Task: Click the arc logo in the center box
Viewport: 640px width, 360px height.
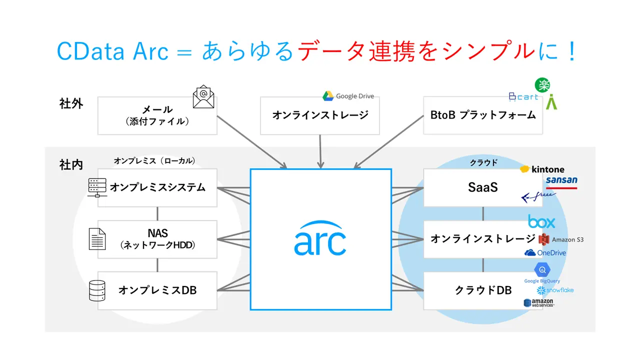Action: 320,238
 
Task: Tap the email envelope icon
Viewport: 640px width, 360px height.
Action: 203,96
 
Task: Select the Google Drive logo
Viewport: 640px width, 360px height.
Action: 348,96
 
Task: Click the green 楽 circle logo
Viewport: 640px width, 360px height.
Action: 542,85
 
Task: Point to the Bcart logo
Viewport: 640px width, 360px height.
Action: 523,97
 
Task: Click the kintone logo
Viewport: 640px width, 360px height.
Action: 542,169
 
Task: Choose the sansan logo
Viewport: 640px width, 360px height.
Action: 561,182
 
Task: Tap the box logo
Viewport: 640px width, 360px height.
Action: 541,221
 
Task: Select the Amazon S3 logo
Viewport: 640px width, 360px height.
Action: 561,239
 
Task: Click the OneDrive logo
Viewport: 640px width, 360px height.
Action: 545,253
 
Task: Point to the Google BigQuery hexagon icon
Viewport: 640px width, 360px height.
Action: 542,269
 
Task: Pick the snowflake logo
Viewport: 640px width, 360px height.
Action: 555,290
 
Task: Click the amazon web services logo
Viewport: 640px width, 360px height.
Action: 539,303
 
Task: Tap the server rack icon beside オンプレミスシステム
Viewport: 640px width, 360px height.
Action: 97,187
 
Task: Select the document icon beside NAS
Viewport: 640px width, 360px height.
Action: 97,239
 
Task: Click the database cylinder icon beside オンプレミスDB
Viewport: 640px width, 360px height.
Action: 97,290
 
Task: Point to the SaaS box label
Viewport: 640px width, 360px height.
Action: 483,187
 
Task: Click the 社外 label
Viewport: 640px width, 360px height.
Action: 71,103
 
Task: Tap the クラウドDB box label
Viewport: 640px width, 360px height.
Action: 483,290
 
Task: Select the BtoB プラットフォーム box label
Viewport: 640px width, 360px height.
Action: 483,115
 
